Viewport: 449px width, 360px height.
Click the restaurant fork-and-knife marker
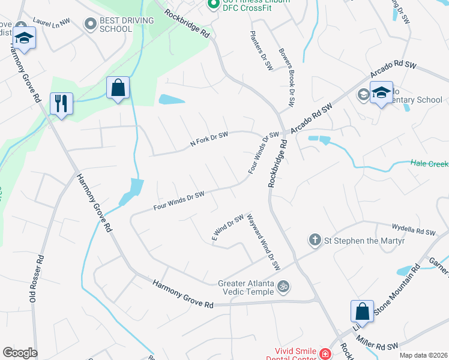61,103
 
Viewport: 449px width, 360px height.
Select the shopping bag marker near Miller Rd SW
362,311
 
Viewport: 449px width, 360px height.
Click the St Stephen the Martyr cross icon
314,241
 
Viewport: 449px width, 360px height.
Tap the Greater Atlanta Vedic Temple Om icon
284,286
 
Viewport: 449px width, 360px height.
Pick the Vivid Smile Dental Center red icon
325,354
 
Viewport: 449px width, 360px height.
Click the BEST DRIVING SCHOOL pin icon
91,24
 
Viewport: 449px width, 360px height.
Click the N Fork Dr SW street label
209,139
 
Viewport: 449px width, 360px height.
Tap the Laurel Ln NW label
52,20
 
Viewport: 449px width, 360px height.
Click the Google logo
20,353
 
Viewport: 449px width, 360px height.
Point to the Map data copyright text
423,355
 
